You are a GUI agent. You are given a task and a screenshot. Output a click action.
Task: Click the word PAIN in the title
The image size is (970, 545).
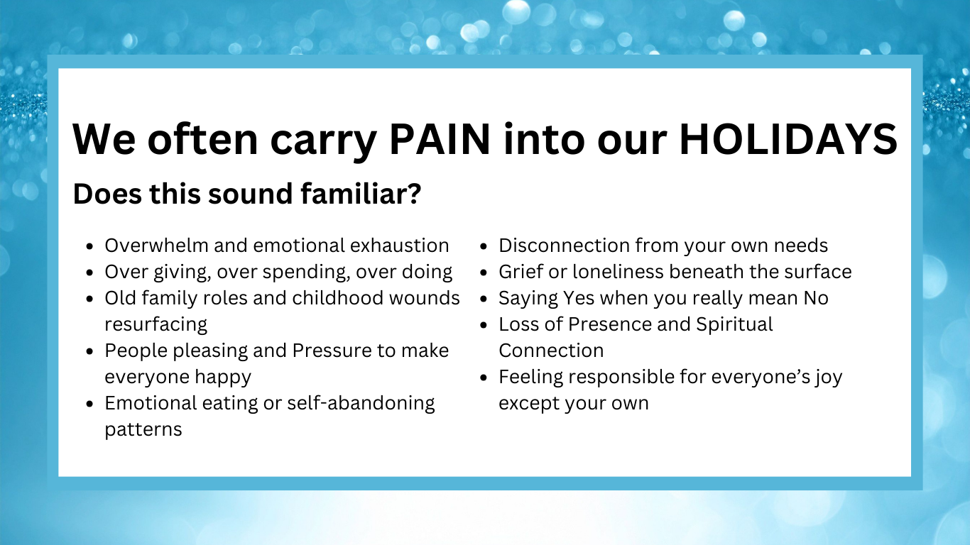coord(440,139)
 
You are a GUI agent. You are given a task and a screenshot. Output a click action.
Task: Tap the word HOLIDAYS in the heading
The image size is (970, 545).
coord(788,139)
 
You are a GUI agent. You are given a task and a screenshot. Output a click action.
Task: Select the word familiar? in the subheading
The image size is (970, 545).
coord(361,194)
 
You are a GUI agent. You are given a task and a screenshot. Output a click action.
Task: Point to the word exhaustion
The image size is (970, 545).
coord(399,246)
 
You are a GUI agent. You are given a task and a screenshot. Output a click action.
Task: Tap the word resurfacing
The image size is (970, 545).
coord(156,325)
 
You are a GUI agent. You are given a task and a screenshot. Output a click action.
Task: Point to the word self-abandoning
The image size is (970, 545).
coord(361,404)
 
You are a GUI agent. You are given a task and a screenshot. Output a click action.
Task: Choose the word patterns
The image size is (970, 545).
coord(143,430)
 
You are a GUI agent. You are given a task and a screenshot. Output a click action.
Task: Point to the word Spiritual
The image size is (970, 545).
coord(734,325)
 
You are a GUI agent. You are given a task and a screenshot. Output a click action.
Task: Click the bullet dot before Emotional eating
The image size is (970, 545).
coord(90,404)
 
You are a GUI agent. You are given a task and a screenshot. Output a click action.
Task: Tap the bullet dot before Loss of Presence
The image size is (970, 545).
coord(484,326)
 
